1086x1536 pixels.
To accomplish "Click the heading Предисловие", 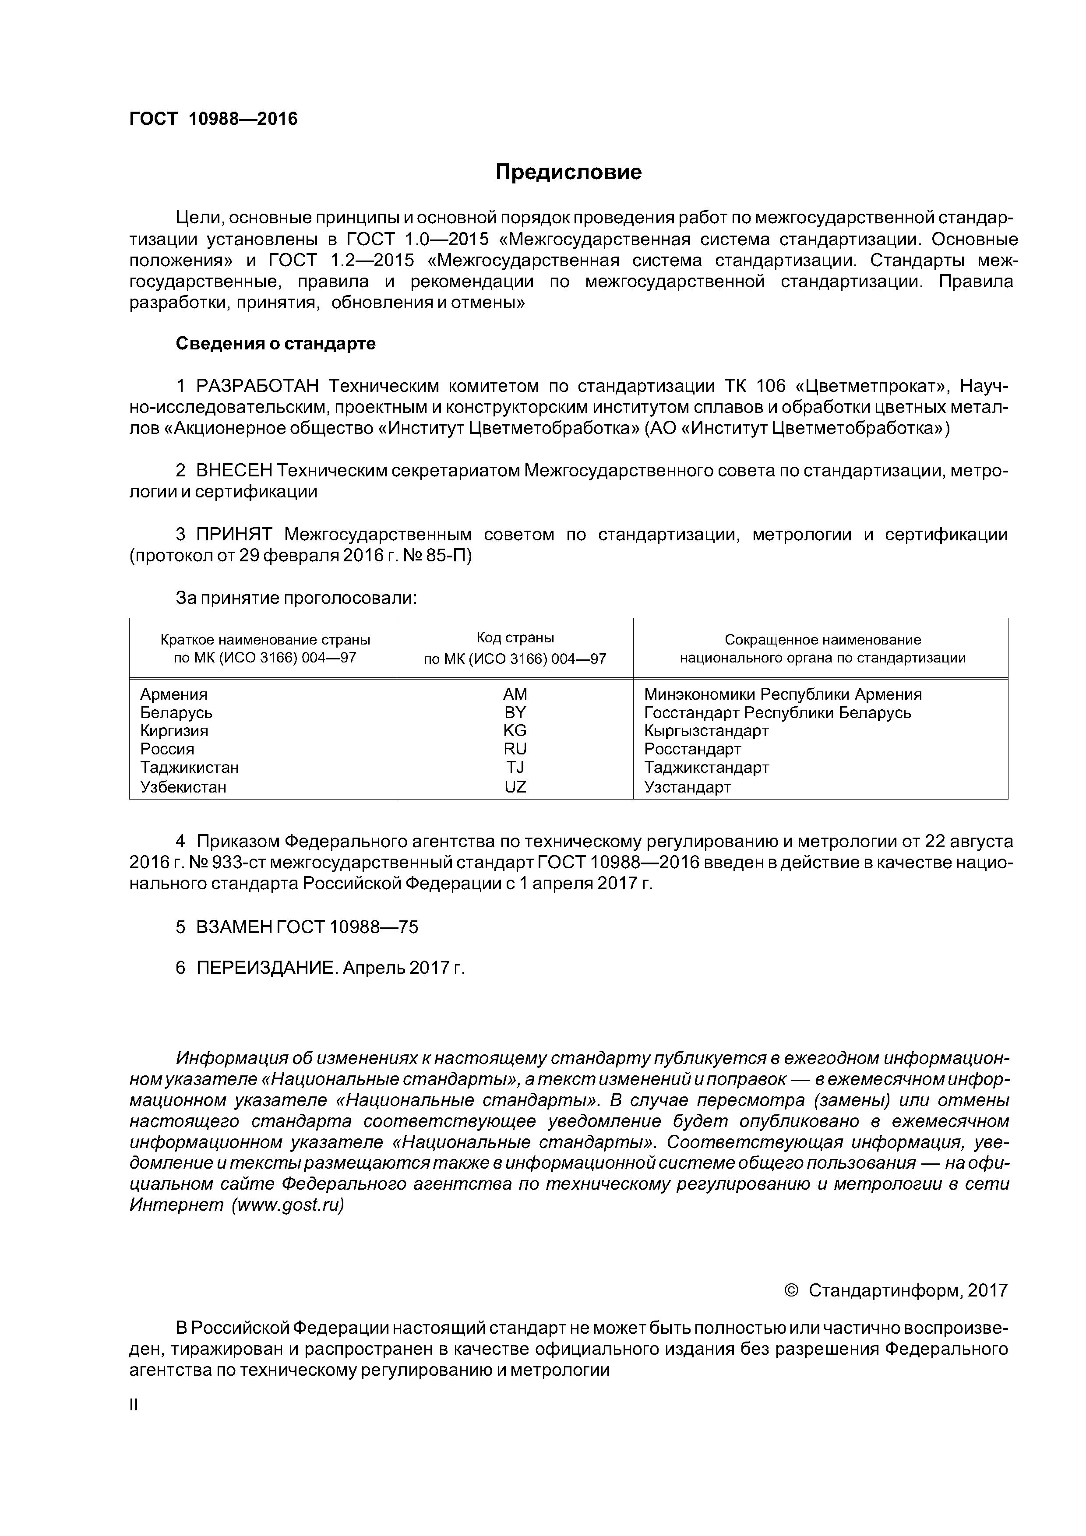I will pyautogui.click(x=568, y=173).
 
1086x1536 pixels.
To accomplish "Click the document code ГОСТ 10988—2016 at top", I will pyautogui.click(x=213, y=119).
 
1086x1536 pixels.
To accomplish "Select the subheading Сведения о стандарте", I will pyautogui.click(x=275, y=344).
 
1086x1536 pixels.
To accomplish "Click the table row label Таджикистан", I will pyautogui.click(x=189, y=767).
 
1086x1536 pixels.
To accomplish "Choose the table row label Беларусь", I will pyautogui.click(x=176, y=712).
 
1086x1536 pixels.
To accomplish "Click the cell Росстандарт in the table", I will pyautogui.click(x=693, y=749).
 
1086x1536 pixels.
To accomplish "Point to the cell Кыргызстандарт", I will pyautogui.click(x=706, y=730).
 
